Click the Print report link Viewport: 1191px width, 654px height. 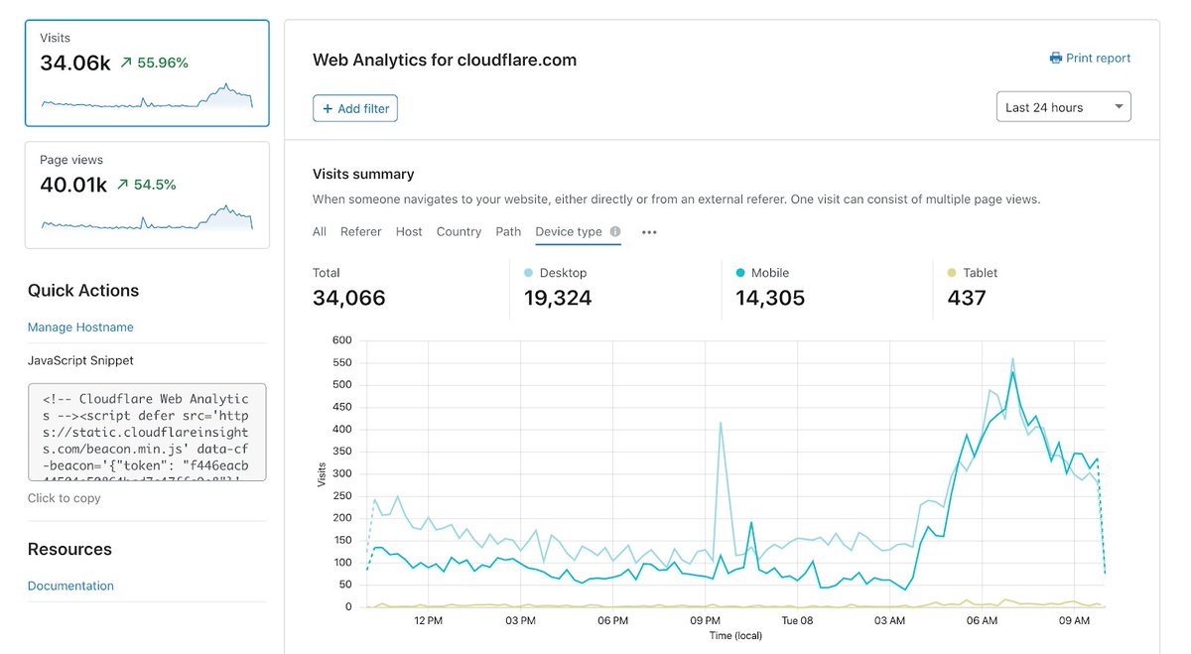point(1090,59)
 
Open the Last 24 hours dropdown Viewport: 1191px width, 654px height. point(1063,107)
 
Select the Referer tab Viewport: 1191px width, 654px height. point(360,231)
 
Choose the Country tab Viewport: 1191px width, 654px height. point(459,231)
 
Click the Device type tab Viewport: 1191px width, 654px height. point(568,231)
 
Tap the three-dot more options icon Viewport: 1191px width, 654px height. point(649,232)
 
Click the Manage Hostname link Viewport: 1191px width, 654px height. point(80,327)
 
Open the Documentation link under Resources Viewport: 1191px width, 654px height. point(70,586)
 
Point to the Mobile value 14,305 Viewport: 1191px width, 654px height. point(770,298)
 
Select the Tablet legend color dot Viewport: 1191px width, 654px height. point(952,273)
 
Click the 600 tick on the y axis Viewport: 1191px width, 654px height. point(342,340)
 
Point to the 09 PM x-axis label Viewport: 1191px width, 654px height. point(706,621)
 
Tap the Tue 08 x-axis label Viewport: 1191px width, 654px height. point(797,621)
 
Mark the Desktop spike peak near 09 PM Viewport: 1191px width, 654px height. point(721,423)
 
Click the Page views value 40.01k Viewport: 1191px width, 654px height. point(73,185)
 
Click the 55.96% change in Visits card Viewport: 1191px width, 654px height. point(162,63)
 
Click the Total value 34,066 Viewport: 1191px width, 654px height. point(348,298)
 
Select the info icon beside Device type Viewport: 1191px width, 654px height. point(615,232)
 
